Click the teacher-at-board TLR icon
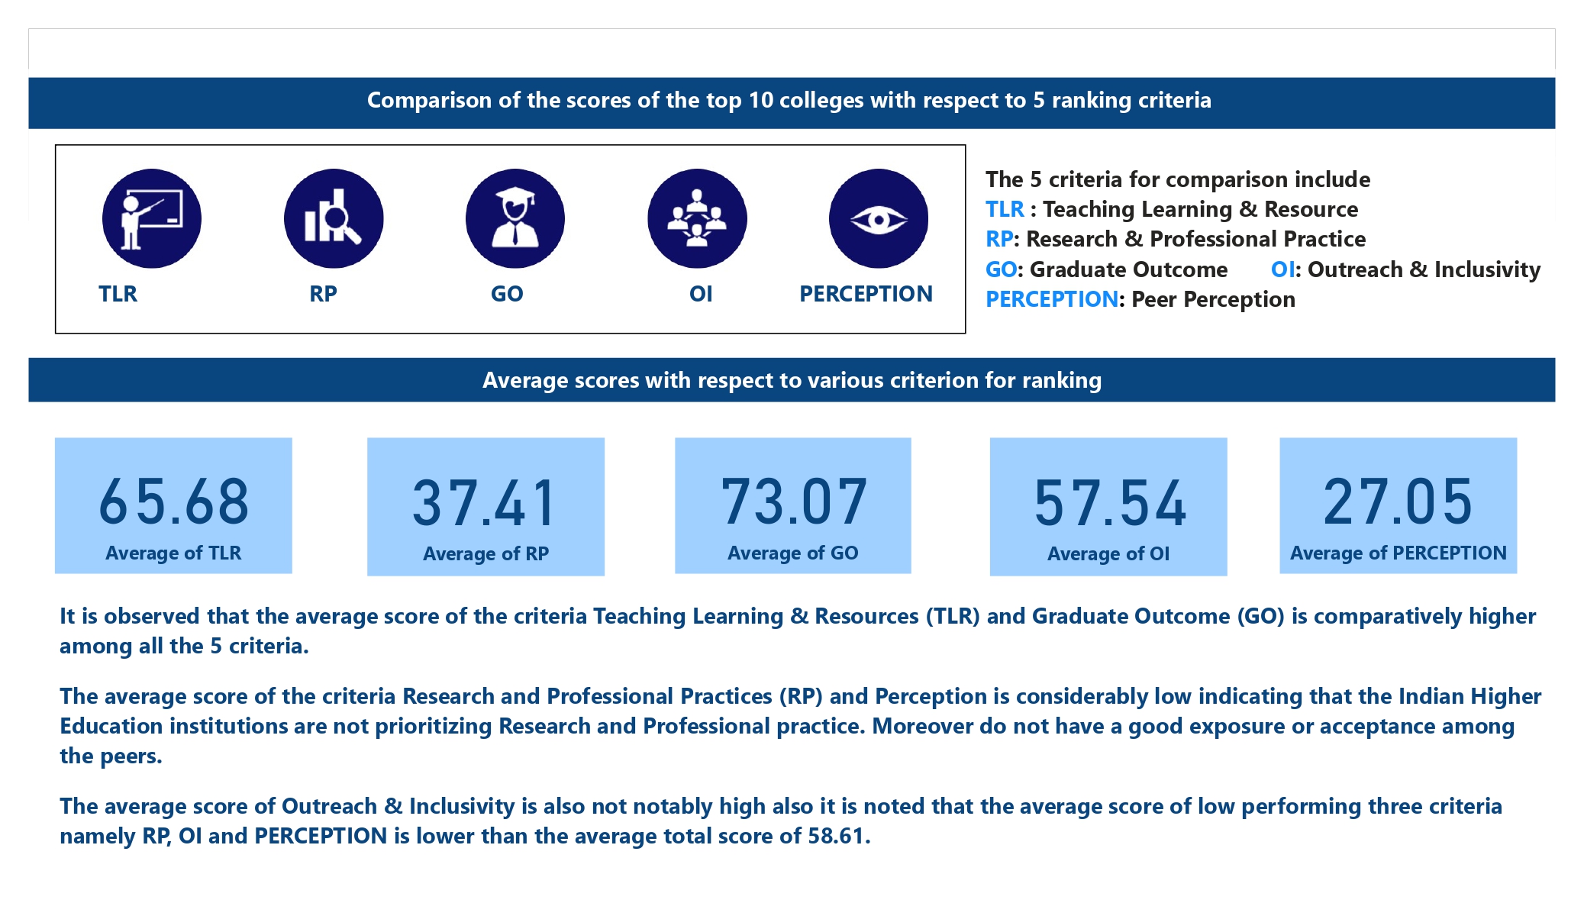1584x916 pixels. click(151, 218)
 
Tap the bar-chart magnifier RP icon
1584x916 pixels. click(334, 218)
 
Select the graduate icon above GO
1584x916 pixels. click(515, 218)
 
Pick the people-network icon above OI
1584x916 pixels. click(697, 218)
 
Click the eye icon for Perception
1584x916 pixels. click(879, 219)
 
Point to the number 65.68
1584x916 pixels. click(174, 502)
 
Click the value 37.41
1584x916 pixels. click(486, 503)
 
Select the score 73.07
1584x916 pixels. click(794, 502)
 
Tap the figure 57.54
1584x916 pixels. click(1110, 503)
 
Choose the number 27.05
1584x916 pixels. click(1398, 502)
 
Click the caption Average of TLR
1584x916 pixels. click(173, 553)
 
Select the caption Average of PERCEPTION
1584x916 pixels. click(1398, 553)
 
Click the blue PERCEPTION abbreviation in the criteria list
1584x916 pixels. click(1051, 299)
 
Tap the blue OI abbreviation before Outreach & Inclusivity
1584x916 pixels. click(1282, 269)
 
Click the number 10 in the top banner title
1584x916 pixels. click(760, 101)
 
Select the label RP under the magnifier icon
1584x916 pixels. click(323, 294)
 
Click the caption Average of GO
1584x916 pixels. click(792, 553)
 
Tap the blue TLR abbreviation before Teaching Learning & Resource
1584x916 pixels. click(1005, 209)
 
